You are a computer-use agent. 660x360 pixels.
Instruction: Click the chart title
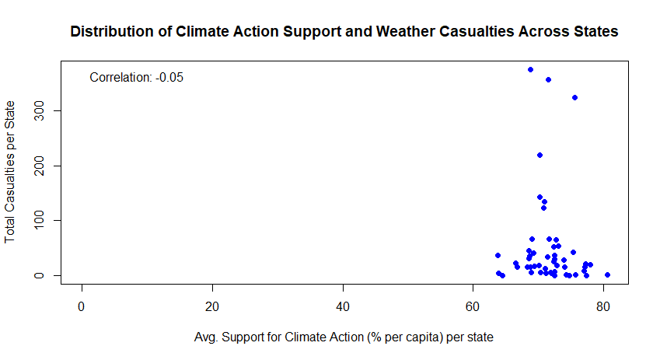tap(344, 32)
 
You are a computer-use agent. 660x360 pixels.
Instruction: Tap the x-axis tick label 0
tap(82, 306)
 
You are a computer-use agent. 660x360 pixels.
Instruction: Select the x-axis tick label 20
tap(212, 306)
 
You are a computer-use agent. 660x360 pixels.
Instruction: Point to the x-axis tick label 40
tap(343, 306)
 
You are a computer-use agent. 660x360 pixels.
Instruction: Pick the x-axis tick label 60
tap(473, 306)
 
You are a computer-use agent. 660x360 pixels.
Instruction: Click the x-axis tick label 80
tap(603, 306)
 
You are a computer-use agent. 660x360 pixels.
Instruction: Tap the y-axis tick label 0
tap(39, 275)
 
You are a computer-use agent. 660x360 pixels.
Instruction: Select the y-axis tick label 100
tap(39, 220)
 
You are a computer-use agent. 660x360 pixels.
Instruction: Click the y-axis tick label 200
tap(39, 166)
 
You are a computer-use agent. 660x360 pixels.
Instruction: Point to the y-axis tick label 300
tap(39, 110)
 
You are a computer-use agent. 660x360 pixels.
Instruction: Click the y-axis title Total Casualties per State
tap(9, 172)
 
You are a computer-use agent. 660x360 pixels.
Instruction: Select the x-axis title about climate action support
tap(344, 337)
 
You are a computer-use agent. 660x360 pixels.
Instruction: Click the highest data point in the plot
tap(530, 69)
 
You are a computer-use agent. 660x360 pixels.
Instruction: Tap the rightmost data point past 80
tap(607, 275)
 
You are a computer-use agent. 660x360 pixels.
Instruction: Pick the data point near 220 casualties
tap(540, 156)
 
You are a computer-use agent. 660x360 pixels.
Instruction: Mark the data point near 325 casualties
tap(575, 98)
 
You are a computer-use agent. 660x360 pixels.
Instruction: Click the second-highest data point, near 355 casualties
tap(549, 79)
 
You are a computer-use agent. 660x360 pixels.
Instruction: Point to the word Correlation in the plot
tap(120, 78)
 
